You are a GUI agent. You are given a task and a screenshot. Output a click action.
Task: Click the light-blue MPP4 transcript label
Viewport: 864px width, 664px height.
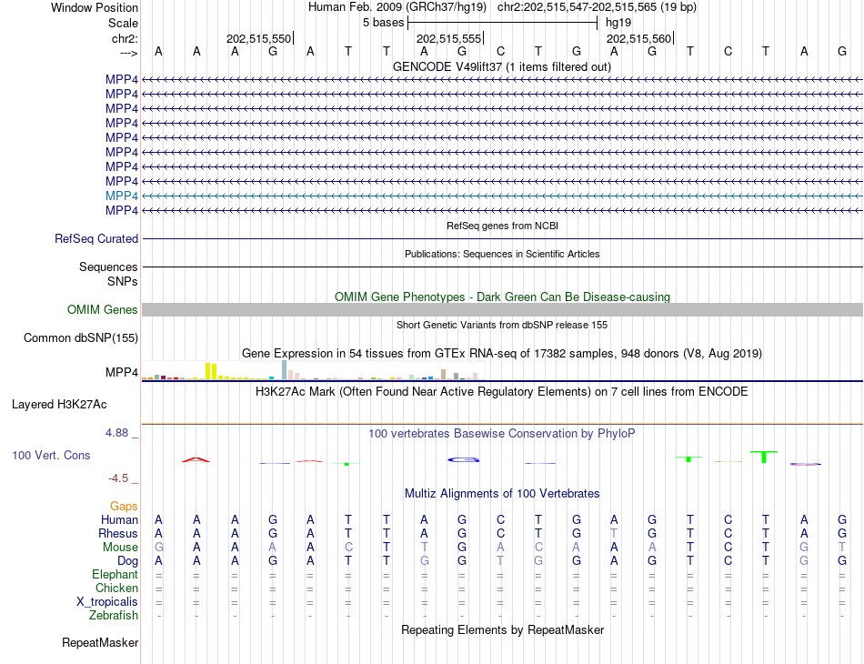122,196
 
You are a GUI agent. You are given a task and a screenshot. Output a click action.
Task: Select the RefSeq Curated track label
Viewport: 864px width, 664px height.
96,238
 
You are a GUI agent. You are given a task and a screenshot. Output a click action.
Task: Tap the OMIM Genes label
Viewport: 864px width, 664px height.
103,310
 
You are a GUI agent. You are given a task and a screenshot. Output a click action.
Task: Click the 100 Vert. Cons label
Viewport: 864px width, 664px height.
51,455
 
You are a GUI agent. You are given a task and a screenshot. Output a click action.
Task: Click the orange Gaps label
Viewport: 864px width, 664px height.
124,506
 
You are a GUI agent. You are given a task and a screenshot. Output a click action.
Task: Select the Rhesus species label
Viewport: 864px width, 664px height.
119,533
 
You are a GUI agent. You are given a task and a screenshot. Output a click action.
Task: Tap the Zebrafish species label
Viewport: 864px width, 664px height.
115,616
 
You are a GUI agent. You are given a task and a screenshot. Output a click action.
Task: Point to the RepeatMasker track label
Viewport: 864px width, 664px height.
100,643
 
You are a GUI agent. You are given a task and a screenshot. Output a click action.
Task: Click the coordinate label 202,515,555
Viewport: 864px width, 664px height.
448,39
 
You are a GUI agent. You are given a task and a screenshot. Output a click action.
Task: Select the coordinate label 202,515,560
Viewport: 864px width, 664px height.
638,39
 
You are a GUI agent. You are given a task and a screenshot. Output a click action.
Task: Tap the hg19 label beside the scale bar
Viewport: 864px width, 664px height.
618,21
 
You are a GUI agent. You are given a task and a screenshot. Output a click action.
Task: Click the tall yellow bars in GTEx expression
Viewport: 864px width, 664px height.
211,371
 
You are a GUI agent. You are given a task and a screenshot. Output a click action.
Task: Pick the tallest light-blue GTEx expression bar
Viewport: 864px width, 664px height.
284,369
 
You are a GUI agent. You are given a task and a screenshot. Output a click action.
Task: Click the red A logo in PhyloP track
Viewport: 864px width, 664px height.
196,459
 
